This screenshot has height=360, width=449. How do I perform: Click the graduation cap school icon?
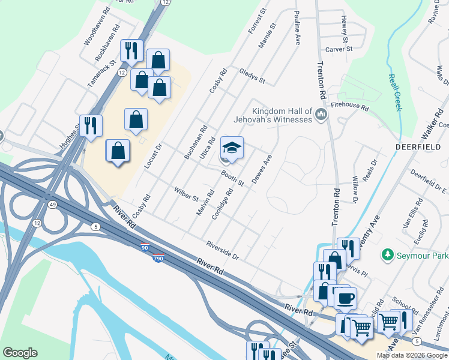click(x=232, y=148)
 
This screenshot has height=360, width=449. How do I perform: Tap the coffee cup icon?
click(x=345, y=298)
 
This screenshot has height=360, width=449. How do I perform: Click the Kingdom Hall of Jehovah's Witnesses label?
click(x=282, y=115)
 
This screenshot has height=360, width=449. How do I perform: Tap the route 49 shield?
click(x=53, y=205)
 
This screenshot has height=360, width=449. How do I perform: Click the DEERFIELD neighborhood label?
click(x=414, y=146)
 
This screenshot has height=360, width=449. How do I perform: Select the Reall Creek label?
click(x=394, y=93)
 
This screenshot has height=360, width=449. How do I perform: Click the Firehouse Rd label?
click(x=354, y=106)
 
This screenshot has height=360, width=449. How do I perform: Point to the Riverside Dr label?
click(x=223, y=250)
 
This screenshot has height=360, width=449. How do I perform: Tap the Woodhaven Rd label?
click(x=98, y=31)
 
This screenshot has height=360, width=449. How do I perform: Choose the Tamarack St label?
click(x=100, y=75)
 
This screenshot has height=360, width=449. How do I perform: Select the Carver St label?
click(x=339, y=49)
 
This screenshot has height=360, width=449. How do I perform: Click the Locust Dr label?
click(x=154, y=156)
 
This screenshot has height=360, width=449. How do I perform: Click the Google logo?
click(x=20, y=353)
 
